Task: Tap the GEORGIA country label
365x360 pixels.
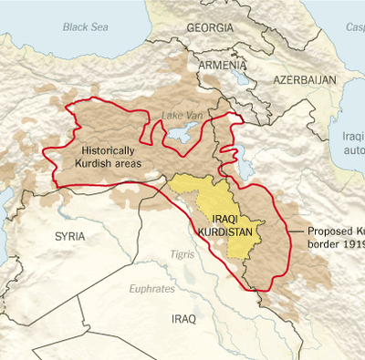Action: (212, 28)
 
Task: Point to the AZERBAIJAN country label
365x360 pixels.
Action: (305, 81)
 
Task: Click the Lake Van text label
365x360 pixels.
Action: (178, 116)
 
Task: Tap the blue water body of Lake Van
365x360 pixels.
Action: (179, 134)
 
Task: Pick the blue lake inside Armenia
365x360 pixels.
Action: (241, 78)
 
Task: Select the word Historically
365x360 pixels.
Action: (108, 149)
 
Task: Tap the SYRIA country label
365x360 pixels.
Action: (70, 236)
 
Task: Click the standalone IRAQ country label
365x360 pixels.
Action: (183, 320)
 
